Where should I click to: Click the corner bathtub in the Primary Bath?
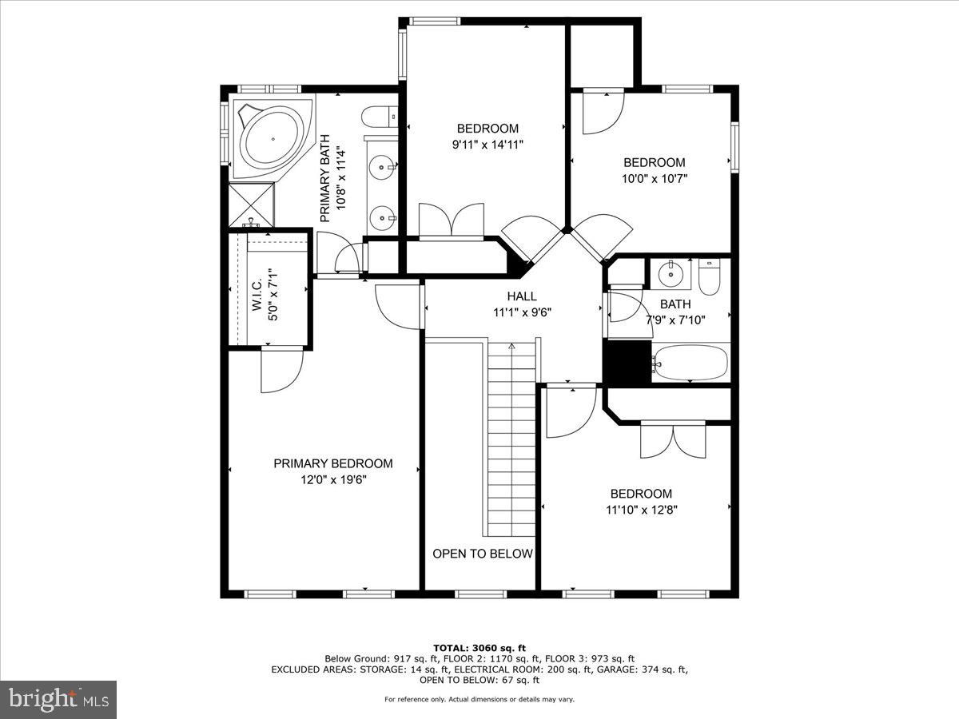(x=273, y=139)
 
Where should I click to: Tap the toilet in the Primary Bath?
(x=380, y=117)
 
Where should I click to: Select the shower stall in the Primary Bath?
(x=251, y=205)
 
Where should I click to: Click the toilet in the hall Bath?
(x=709, y=276)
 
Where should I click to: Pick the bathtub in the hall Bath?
(x=690, y=363)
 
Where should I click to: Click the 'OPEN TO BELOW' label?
(x=483, y=554)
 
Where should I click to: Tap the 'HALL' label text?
(x=522, y=296)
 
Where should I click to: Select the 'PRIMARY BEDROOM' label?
(x=333, y=463)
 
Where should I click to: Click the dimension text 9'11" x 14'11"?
(x=487, y=145)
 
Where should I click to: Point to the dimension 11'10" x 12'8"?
(x=642, y=510)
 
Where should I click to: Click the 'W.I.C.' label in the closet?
(x=257, y=296)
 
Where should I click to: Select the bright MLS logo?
(x=58, y=700)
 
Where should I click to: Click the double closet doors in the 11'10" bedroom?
(x=673, y=441)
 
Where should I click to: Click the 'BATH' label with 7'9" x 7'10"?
(x=675, y=304)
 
